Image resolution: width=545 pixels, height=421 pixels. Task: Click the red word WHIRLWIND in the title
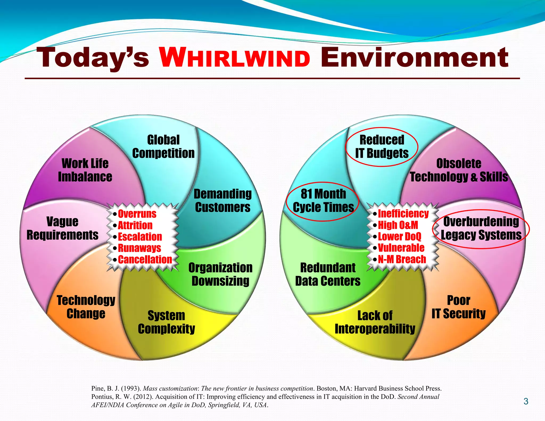click(235, 57)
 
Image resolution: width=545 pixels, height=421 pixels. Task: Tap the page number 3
click(526, 401)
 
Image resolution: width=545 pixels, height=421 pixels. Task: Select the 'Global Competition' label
click(163, 147)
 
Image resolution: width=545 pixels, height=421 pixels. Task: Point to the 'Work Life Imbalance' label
click(85, 170)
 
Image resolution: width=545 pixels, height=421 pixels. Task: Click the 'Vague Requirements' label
click(63, 228)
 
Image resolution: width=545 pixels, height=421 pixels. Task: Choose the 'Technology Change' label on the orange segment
click(86, 307)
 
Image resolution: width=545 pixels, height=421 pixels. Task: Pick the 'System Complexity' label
click(166, 322)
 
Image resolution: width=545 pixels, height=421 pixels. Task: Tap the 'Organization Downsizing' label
click(220, 274)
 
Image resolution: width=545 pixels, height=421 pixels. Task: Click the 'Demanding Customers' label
click(223, 201)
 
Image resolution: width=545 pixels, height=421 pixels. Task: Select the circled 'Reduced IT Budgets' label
click(382, 147)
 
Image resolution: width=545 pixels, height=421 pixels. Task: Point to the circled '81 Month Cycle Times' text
click(323, 201)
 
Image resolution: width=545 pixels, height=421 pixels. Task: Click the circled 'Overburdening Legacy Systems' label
click(481, 228)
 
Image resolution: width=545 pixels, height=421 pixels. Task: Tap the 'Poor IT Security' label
click(459, 307)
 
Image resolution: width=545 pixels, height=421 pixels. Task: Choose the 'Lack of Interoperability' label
click(375, 322)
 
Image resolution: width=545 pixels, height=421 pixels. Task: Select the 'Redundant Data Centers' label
click(328, 274)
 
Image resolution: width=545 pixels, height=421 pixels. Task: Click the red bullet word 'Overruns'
click(137, 214)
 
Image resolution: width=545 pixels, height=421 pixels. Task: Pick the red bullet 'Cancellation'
click(145, 259)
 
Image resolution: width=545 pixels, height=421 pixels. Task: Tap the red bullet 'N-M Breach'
click(402, 259)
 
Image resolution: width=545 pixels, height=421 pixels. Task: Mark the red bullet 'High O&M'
click(398, 225)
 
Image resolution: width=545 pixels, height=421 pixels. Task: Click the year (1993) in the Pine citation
click(131, 389)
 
